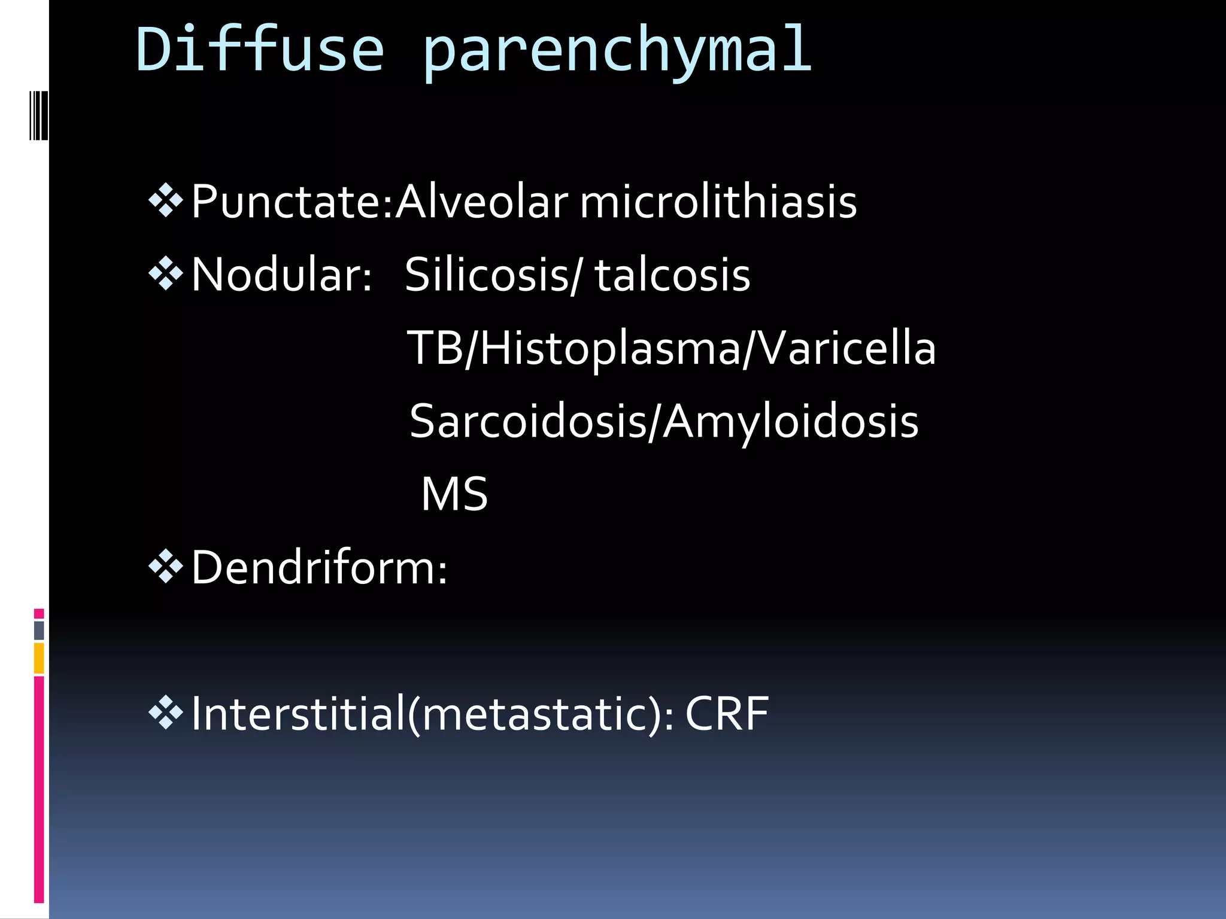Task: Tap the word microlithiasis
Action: [718, 202]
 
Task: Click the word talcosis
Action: [672, 275]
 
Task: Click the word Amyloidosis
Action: [790, 421]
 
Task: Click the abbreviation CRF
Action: [727, 714]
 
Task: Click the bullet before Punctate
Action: [165, 201]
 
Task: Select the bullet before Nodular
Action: [165, 275]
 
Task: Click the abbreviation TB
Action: [435, 348]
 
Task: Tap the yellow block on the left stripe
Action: [39, 658]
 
